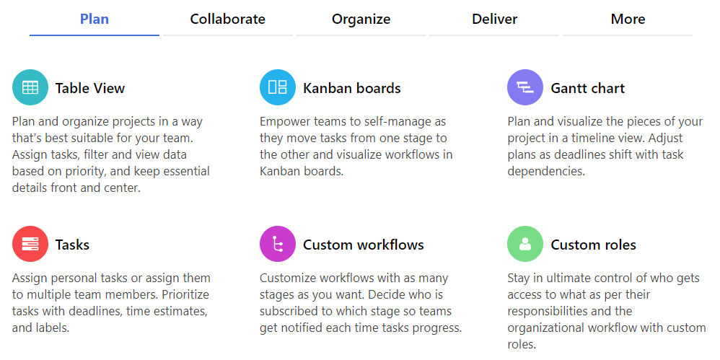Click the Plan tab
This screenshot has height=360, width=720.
point(94,19)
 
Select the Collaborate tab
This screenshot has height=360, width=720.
point(228,19)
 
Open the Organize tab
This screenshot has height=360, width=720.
point(361,19)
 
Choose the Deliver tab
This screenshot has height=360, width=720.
point(494,19)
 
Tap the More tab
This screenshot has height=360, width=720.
point(628,19)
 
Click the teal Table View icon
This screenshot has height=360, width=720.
point(30,87)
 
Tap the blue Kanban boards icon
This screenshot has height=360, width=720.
point(278,87)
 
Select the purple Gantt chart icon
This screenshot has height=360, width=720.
point(525,87)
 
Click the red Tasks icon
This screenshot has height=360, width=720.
point(30,244)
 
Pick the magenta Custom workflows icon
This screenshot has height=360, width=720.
point(278,244)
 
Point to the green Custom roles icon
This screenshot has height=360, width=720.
point(525,244)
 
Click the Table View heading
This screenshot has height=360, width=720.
point(90,88)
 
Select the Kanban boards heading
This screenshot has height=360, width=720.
point(352,88)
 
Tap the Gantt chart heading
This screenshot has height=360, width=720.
point(588,88)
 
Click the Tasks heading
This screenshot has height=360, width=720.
point(73,245)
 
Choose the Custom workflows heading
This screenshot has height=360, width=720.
point(363,245)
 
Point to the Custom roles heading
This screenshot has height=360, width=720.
point(593,245)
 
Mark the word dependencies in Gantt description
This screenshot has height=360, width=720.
point(546,172)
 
